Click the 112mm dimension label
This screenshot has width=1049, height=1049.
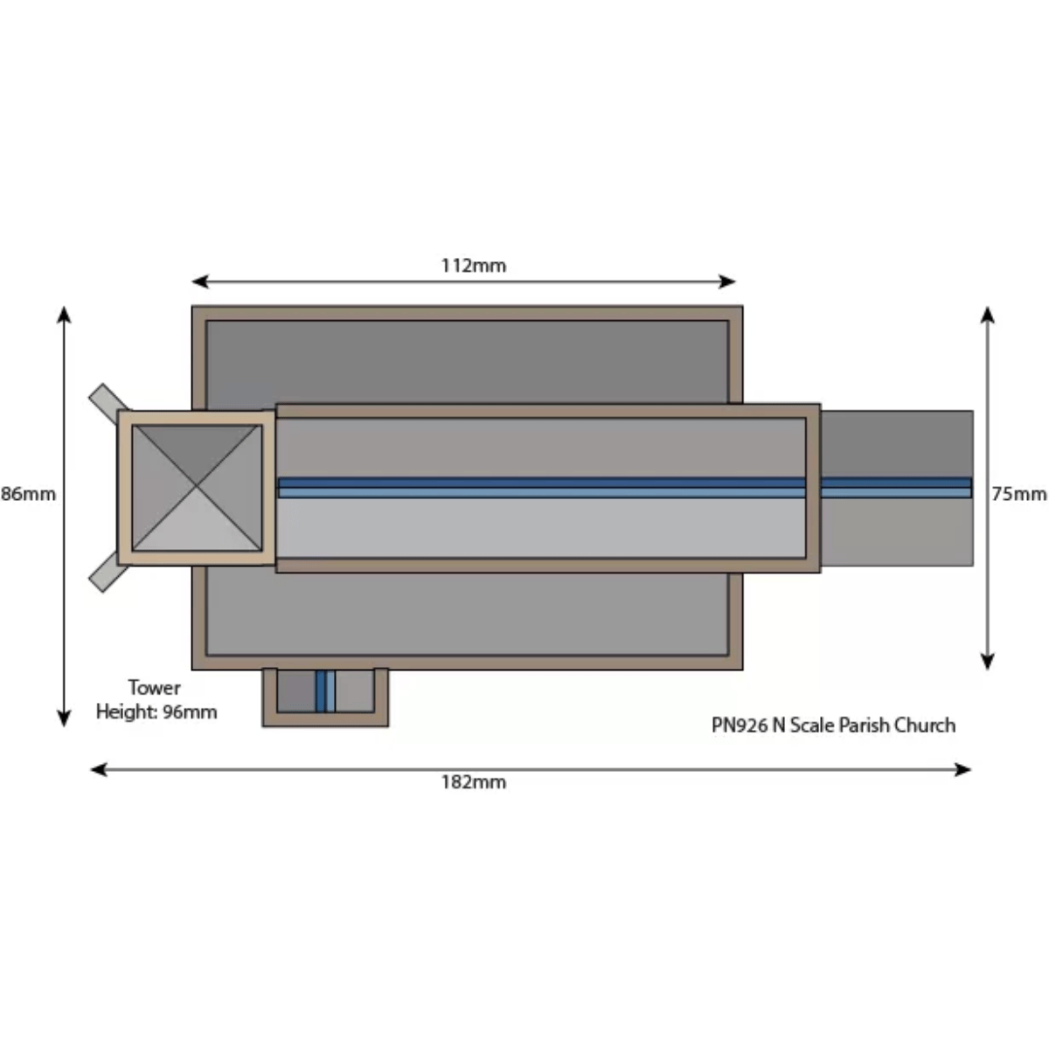coord(473,266)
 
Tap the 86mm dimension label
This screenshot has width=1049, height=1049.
coord(28,494)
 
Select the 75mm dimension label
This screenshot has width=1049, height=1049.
coord(1018,494)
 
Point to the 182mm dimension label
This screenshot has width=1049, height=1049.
coord(473,782)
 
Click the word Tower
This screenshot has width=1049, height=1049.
coord(154,688)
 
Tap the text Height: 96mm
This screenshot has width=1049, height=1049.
coord(156,712)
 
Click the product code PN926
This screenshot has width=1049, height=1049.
coord(740,725)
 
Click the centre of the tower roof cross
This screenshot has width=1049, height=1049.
coord(197,487)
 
